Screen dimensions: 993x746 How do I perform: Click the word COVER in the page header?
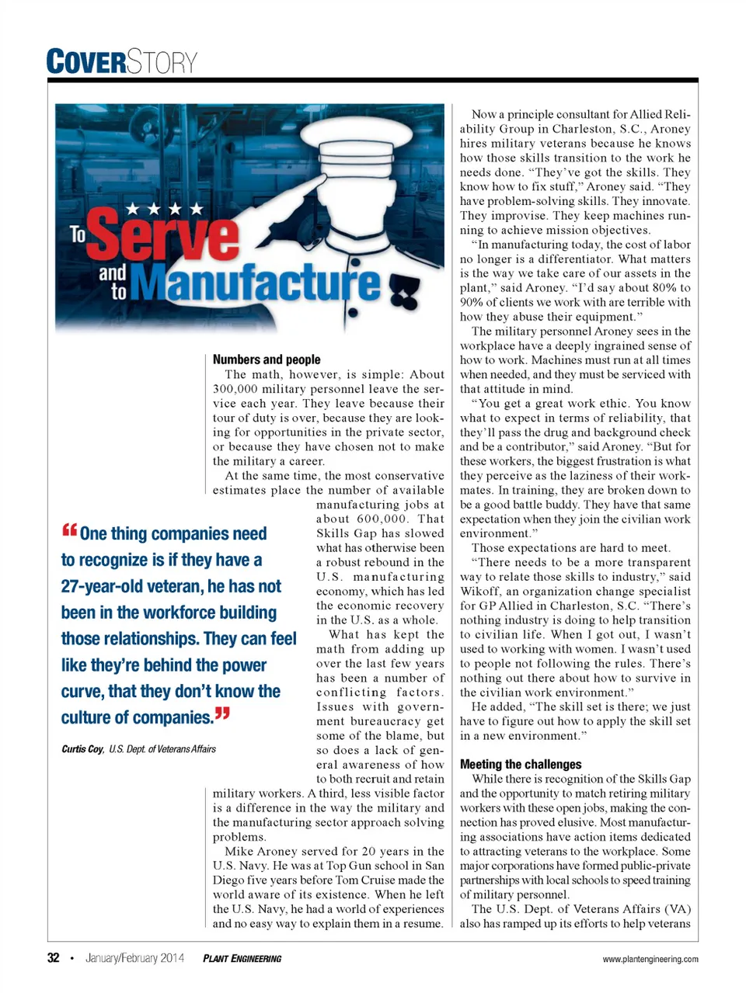pyautogui.click(x=86, y=62)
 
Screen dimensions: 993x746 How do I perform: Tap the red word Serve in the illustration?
pyautogui.click(x=164, y=236)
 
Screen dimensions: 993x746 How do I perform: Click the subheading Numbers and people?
pyautogui.click(x=267, y=359)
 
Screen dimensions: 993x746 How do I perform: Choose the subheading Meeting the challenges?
pyautogui.click(x=521, y=764)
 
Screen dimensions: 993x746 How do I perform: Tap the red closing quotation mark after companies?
pyautogui.click(x=222, y=714)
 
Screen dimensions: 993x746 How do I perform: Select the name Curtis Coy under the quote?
pyautogui.click(x=82, y=749)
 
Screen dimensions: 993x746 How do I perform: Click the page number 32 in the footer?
pyautogui.click(x=54, y=958)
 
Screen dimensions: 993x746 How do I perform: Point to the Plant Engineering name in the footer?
pyautogui.click(x=242, y=959)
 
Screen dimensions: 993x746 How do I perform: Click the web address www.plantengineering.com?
pyautogui.click(x=650, y=959)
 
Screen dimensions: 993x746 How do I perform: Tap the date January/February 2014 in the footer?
pyautogui.click(x=134, y=958)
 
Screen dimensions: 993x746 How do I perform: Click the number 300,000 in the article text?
pyautogui.click(x=235, y=389)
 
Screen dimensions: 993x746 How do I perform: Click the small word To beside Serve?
pyautogui.click(x=78, y=234)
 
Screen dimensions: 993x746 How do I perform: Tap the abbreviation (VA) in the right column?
pyautogui.click(x=674, y=909)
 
